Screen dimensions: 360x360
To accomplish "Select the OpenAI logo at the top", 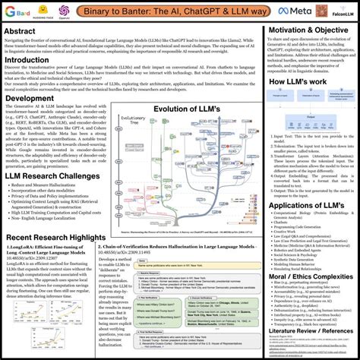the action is click(64, 11).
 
